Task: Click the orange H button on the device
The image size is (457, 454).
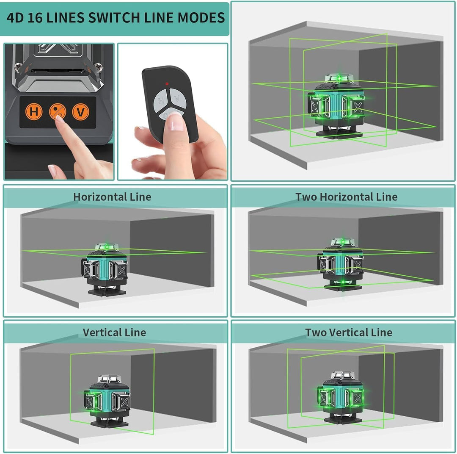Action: [34, 112]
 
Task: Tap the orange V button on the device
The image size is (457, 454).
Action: [80, 112]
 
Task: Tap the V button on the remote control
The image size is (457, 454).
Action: [177, 98]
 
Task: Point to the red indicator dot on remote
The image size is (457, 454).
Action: [167, 84]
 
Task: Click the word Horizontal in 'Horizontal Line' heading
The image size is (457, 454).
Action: [100, 197]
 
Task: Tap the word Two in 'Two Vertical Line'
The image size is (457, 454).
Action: [316, 332]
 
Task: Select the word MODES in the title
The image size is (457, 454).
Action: [201, 18]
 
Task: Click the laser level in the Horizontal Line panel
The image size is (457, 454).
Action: [105, 269]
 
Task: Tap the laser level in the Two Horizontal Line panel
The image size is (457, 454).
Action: [341, 264]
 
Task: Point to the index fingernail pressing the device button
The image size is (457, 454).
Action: [60, 119]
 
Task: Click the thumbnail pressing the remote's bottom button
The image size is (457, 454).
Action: [175, 123]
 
